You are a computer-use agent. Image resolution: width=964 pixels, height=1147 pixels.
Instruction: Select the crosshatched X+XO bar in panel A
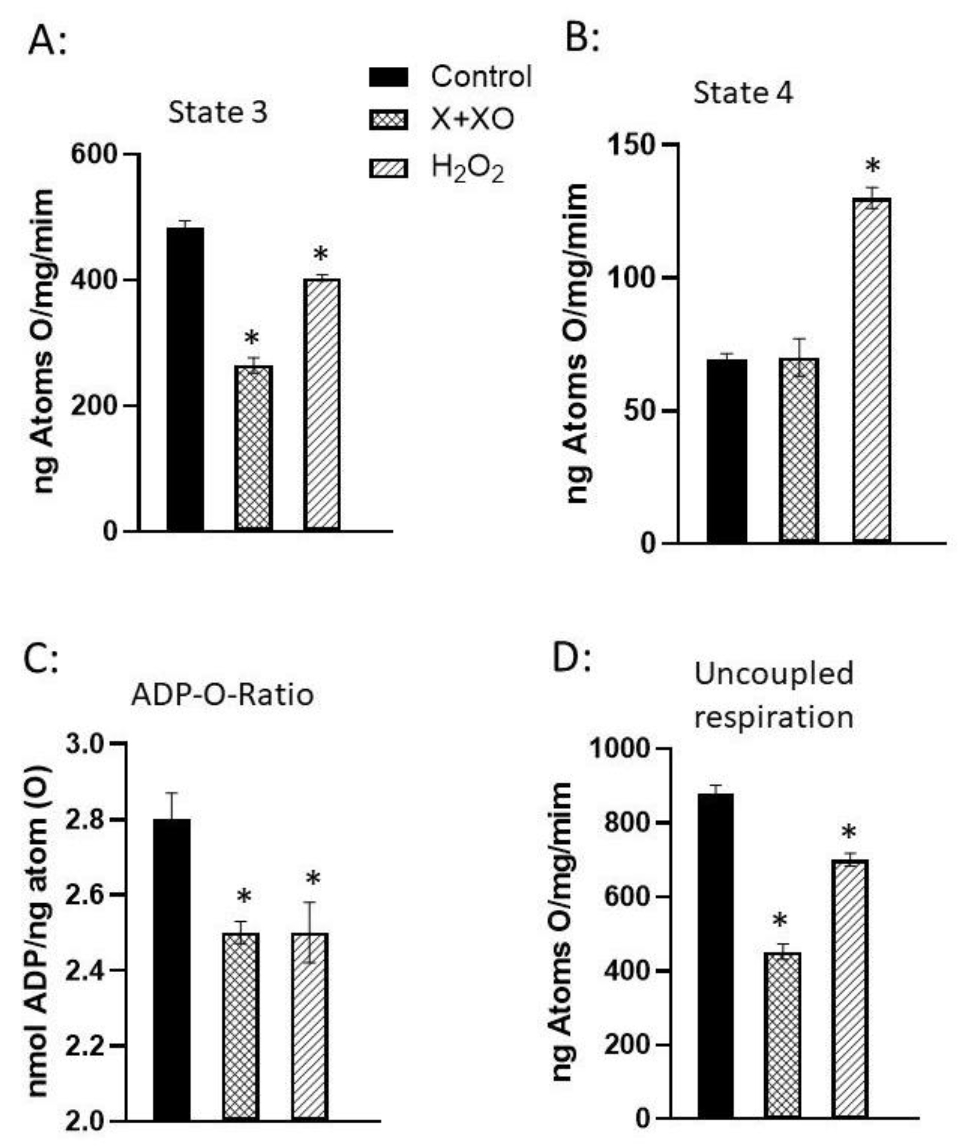(x=254, y=448)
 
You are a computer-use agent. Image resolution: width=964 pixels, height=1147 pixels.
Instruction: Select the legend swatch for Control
(x=388, y=77)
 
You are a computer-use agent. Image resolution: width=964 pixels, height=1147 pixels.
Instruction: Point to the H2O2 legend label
(x=467, y=167)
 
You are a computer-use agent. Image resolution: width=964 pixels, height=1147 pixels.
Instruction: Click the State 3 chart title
(x=218, y=112)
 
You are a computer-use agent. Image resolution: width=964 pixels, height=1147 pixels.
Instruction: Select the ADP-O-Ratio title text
(x=222, y=695)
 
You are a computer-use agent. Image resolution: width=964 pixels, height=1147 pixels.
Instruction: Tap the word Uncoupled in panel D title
(x=773, y=673)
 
